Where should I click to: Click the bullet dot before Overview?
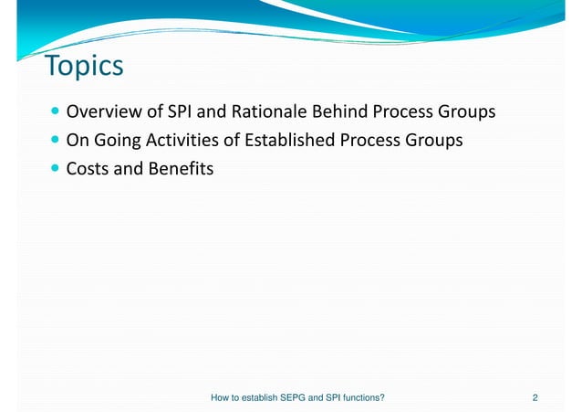pos(57,113)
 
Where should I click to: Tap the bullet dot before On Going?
pos(57,141)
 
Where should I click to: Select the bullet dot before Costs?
pos(57,168)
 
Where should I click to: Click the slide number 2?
pos(535,398)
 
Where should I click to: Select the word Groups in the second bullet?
pos(431,141)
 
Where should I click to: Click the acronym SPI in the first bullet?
pos(179,113)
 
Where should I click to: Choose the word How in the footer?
pos(220,398)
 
